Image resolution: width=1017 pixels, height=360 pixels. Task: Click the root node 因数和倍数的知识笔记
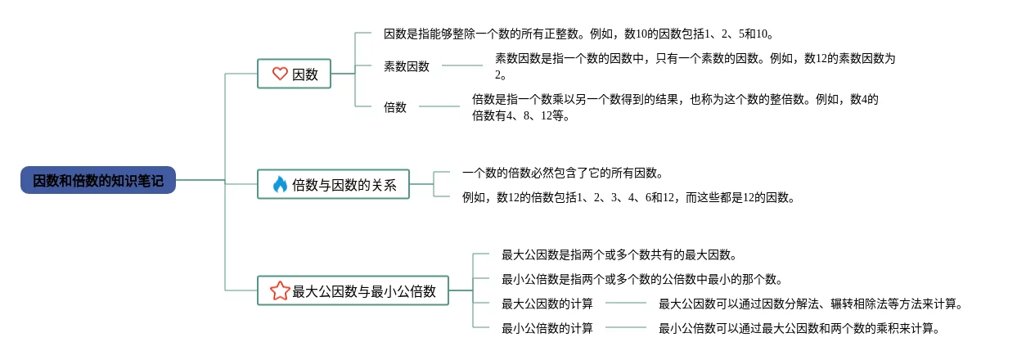click(98, 180)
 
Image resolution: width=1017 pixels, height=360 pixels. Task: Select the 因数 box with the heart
click(294, 74)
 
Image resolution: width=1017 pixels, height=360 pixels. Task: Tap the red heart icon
click(280, 74)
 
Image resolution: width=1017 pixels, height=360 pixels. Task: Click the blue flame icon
click(280, 184)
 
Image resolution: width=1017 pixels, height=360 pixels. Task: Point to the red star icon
click(280, 290)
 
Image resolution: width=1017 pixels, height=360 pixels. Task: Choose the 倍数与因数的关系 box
click(333, 184)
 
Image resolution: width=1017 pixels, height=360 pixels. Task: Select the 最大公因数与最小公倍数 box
click(353, 290)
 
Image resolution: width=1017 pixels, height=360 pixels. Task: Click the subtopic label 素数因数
click(407, 66)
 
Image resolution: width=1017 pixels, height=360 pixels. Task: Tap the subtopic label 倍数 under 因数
click(395, 107)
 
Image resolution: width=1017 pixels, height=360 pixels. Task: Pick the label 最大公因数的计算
click(547, 304)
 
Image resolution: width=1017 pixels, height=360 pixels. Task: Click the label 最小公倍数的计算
click(547, 328)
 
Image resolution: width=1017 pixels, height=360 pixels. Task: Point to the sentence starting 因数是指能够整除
click(578, 34)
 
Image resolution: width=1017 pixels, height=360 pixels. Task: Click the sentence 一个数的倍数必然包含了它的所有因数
click(563, 173)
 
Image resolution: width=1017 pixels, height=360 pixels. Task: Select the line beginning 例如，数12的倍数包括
click(628, 197)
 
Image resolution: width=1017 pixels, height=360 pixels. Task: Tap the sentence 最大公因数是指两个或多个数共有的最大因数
click(619, 254)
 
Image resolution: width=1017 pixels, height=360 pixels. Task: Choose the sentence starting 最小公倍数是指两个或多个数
click(642, 279)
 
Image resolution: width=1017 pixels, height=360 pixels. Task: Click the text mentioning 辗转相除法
click(811, 304)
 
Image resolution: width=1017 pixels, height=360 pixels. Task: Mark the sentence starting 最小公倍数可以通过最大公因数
click(799, 328)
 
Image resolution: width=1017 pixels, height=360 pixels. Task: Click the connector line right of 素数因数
click(462, 65)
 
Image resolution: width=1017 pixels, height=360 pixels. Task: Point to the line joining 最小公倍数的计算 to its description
click(626, 326)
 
